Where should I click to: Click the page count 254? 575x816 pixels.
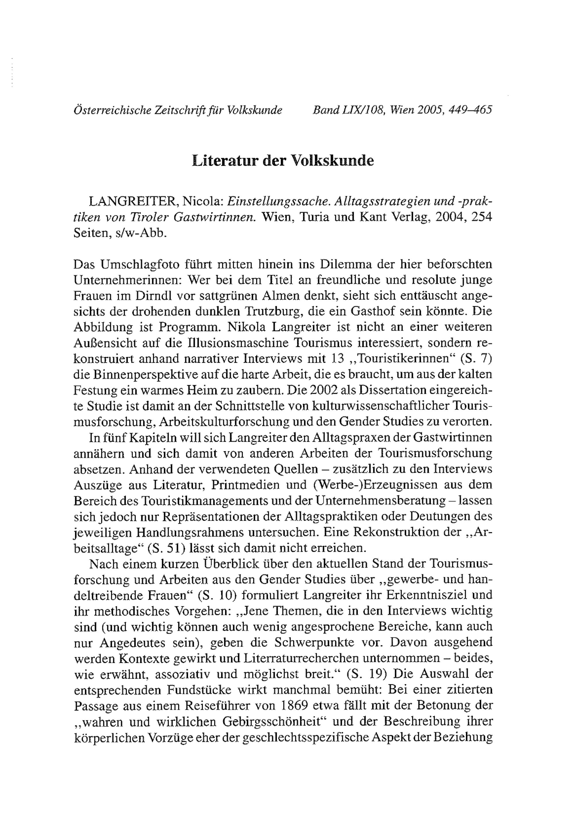482,217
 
